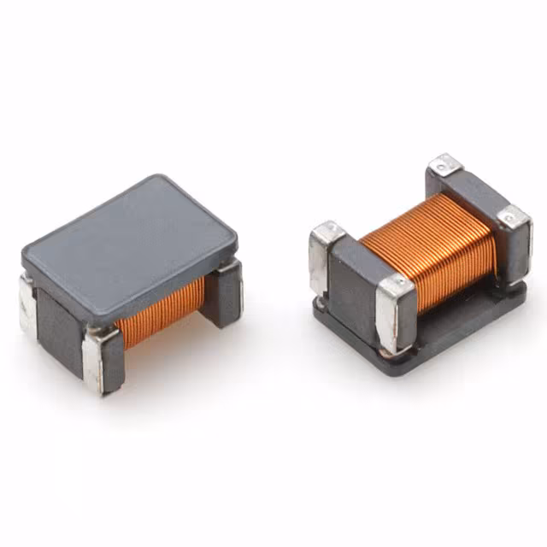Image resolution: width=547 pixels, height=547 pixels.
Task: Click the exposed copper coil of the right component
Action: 427,239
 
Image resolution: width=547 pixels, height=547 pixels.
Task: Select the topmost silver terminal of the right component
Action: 445,164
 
